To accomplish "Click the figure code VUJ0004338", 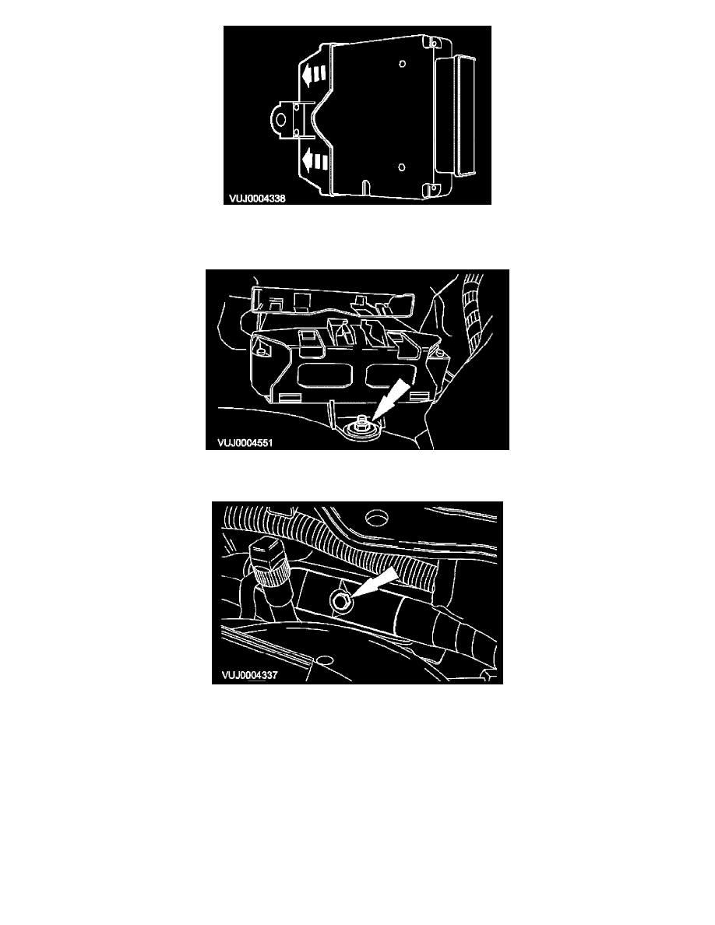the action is point(257,199).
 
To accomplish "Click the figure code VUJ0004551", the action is point(245,443).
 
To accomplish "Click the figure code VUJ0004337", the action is point(249,675).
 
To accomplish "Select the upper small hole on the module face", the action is point(403,64).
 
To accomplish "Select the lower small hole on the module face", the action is point(402,167).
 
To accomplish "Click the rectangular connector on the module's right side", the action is point(456,115).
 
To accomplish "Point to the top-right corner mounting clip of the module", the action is point(435,43).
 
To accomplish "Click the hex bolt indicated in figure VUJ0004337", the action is point(341,600).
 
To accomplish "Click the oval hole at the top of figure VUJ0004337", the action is point(376,517).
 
